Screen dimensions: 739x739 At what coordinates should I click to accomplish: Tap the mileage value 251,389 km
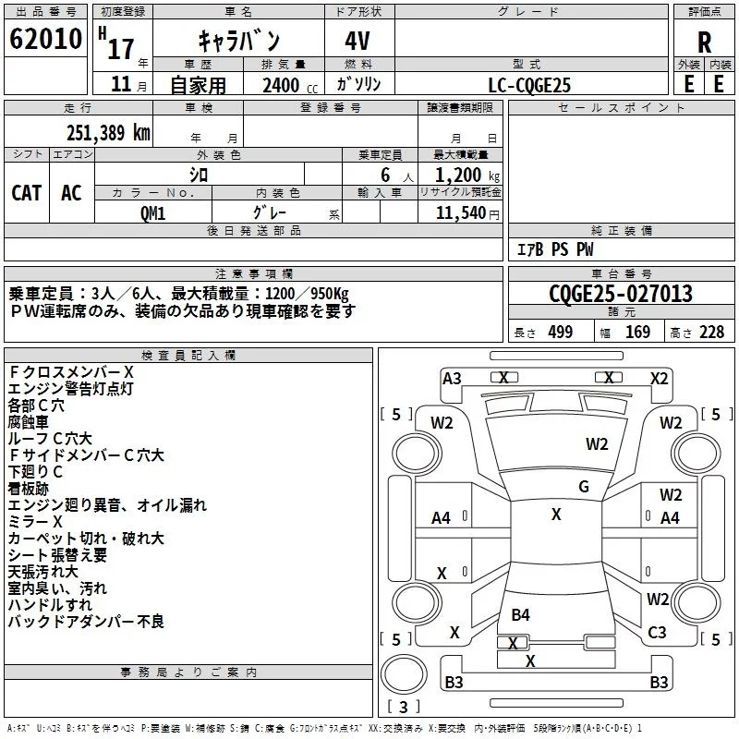(x=108, y=132)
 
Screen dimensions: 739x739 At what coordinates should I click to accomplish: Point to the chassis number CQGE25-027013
(x=620, y=295)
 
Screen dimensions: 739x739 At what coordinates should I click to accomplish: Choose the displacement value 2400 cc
(x=276, y=85)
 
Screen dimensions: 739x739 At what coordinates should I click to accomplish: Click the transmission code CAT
(x=26, y=192)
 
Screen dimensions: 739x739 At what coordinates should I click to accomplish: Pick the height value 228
(x=710, y=333)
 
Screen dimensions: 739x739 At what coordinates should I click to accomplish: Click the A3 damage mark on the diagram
(x=452, y=378)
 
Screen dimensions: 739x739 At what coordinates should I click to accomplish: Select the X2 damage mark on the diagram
(x=659, y=378)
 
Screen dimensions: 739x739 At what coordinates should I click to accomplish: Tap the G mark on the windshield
(x=584, y=487)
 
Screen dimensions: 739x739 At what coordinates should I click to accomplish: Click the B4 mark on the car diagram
(x=520, y=614)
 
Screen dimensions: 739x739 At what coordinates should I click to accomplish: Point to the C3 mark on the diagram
(x=657, y=633)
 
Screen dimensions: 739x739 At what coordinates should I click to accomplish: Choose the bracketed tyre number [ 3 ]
(x=404, y=708)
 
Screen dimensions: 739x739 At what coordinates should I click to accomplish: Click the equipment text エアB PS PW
(x=555, y=249)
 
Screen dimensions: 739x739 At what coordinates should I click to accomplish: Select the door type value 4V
(x=359, y=40)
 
